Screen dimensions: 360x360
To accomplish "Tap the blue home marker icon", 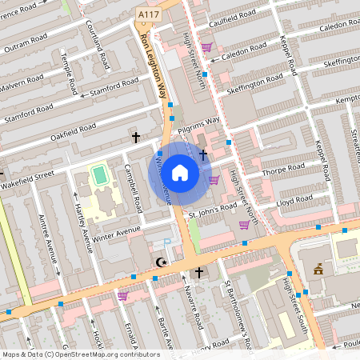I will click(x=180, y=172).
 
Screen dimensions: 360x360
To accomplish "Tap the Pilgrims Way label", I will click(x=200, y=122).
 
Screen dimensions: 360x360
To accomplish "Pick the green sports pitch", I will click(x=99, y=174).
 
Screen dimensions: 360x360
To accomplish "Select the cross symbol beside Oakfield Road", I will click(x=136, y=138).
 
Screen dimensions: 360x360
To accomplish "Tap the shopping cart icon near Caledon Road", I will click(x=206, y=47).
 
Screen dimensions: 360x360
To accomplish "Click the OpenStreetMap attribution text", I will click(x=81, y=354).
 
